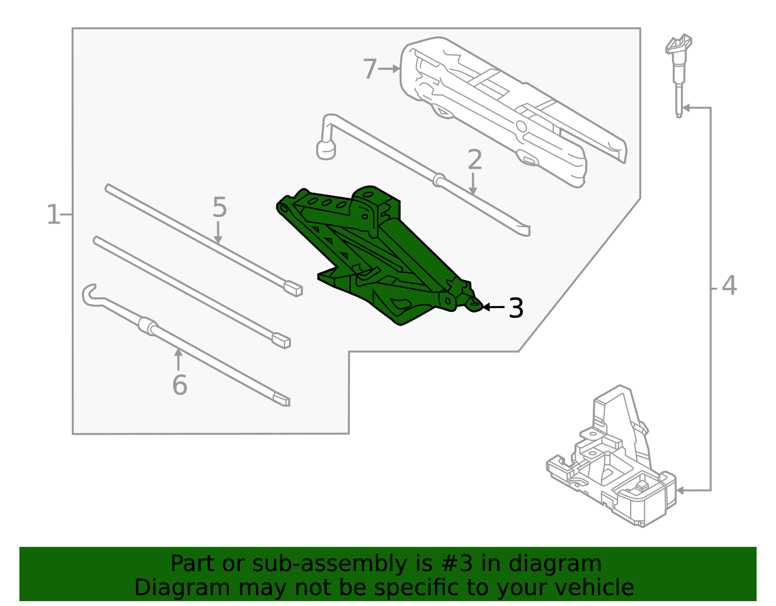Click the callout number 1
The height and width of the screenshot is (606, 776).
(x=53, y=214)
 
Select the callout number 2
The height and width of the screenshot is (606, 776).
(x=475, y=160)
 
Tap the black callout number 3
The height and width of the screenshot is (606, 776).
(x=516, y=308)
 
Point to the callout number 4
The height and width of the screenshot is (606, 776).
(x=729, y=286)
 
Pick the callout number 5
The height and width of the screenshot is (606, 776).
(x=220, y=207)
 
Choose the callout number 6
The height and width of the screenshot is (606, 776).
(x=179, y=385)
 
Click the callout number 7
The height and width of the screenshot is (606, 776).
(x=370, y=69)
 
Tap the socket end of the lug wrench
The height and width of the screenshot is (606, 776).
(x=326, y=150)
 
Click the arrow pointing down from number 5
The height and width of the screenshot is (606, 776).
(x=218, y=232)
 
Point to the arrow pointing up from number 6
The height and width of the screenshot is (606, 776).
(x=178, y=360)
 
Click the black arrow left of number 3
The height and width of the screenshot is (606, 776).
(x=494, y=307)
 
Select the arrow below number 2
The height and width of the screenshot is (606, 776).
(x=473, y=184)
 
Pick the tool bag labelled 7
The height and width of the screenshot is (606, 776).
(x=513, y=111)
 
